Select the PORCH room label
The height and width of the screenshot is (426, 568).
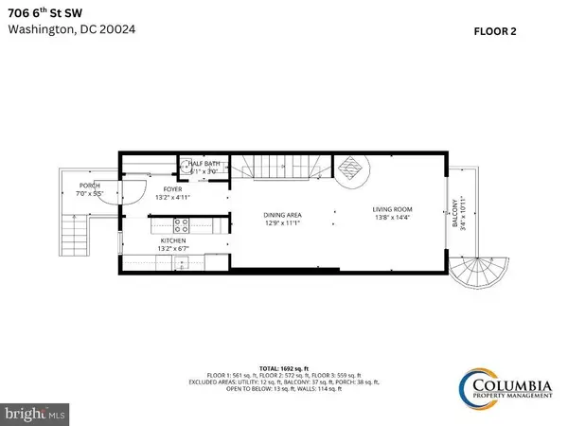pyautogui.click(x=90, y=185)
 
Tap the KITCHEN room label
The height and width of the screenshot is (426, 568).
pyautogui.click(x=171, y=242)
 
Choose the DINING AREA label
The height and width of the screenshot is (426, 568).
pyautogui.click(x=282, y=216)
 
